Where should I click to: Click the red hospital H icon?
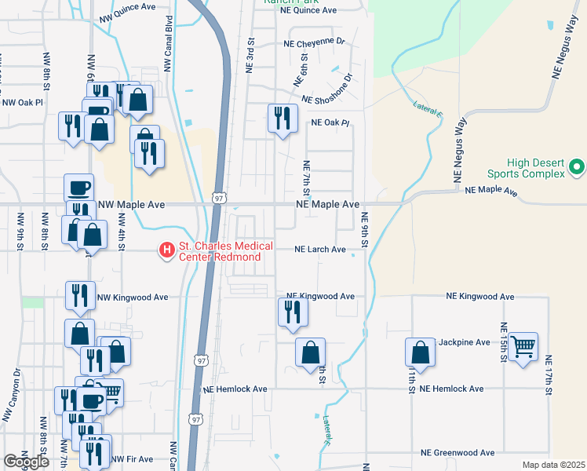167,250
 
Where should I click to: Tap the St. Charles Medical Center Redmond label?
219,251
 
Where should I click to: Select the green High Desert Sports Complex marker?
577,167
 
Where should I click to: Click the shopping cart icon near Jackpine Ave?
523,345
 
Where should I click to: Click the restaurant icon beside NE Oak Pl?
283,118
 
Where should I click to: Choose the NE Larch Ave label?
319,250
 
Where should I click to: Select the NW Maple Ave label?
131,204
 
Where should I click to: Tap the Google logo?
26,462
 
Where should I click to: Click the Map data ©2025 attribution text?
553,465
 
